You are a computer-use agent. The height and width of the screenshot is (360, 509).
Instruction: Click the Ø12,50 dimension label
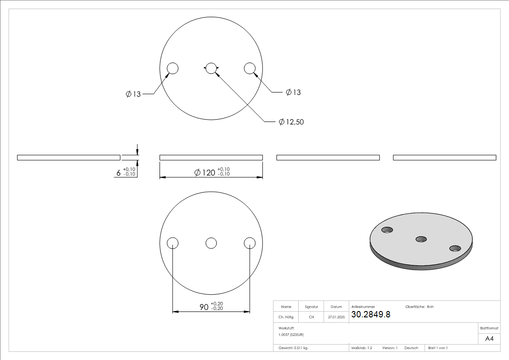click(291, 122)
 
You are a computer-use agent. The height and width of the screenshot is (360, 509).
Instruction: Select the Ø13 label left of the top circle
click(133, 94)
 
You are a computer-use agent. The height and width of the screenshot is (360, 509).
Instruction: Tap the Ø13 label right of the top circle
click(293, 92)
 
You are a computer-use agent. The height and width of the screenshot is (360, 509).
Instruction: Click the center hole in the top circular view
click(211, 68)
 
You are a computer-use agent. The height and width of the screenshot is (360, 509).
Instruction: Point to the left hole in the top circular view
click(172, 68)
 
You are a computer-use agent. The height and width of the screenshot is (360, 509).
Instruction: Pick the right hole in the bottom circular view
click(250, 243)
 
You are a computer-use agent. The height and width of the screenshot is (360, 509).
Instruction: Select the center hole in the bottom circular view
click(211, 243)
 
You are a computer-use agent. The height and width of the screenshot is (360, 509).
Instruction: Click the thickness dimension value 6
click(119, 173)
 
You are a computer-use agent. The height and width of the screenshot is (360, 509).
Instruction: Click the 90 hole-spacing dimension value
click(204, 307)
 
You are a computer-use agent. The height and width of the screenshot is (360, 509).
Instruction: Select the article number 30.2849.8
click(370, 315)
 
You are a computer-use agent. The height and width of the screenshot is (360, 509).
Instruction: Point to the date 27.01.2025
click(336, 317)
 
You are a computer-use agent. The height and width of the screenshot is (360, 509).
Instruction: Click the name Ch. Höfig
click(286, 317)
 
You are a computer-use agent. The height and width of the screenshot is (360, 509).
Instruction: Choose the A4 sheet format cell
click(489, 339)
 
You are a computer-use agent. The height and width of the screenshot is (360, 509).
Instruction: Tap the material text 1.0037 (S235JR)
click(291, 334)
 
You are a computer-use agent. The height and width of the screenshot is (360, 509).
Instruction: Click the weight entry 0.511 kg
click(293, 348)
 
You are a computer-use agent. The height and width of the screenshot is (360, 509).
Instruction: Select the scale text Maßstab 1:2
click(362, 348)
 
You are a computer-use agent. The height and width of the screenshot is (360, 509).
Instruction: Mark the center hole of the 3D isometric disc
click(421, 239)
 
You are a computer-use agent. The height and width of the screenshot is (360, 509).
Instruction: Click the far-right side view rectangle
click(444, 157)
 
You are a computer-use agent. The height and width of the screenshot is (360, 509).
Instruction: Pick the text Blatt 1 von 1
click(438, 348)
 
